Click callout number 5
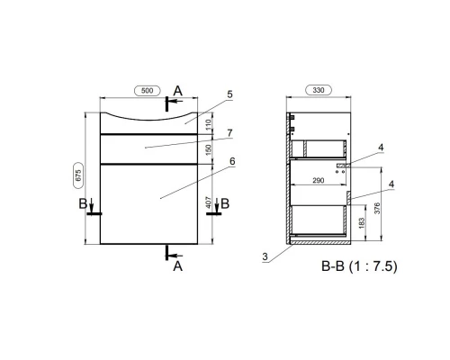point(230,94)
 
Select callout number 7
point(230,132)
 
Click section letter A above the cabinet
point(177,90)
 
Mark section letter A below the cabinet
point(177,265)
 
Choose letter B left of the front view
point(84,203)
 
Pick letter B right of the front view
point(225,203)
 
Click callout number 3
point(265,257)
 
